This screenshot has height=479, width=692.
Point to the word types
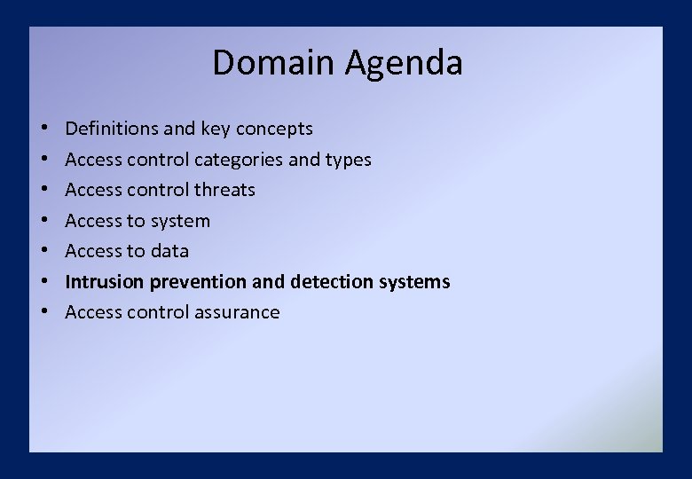(350, 161)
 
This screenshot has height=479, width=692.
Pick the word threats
(224, 190)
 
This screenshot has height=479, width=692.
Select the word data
(169, 251)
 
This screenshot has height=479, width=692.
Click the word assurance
(239, 312)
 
